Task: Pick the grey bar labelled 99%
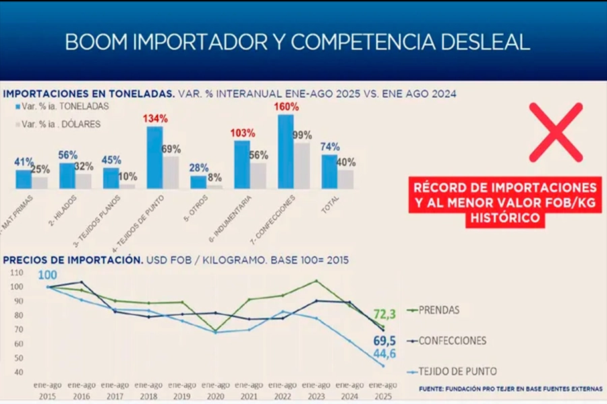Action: point(302,165)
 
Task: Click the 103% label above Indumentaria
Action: point(241,133)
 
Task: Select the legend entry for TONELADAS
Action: point(61,106)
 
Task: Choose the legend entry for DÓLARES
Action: point(60,124)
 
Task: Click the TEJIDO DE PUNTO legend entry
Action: point(455,371)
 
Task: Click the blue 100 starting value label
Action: point(48,275)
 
